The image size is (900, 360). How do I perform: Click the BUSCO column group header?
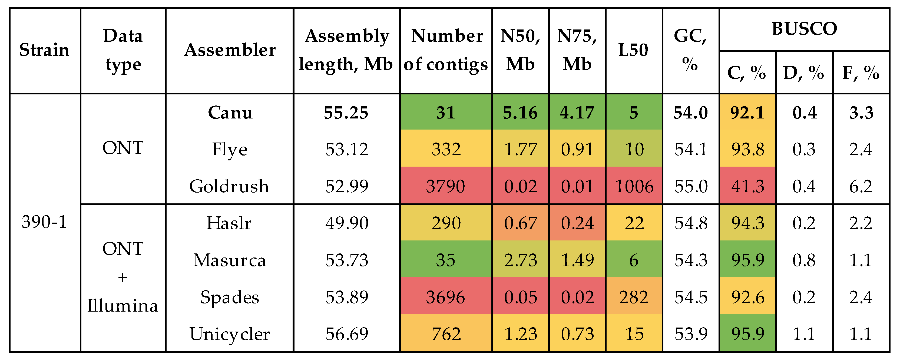pos(804,29)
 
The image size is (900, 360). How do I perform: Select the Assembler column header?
pos(230,50)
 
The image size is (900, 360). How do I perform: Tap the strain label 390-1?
pos(44,222)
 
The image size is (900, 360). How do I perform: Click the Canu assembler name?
pos(230,113)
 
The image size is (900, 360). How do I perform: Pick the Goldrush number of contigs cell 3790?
pos(445,186)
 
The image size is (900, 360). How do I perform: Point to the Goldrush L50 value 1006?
pos(634,186)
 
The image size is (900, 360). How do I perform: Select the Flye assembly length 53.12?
pos(347,149)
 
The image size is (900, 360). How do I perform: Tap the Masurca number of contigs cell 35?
pos(445,260)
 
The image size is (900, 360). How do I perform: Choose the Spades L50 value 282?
pos(634,297)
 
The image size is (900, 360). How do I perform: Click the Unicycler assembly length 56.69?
pos(347,334)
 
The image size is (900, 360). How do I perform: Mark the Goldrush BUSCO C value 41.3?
pos(747,186)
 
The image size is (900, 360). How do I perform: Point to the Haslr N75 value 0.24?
pos(577,223)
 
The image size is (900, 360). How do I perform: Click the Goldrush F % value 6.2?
pos(861,186)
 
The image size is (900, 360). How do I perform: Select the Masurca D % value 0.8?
pos(804,260)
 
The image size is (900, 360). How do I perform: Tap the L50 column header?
pos(633,50)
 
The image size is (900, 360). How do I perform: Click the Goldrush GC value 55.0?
pos(691,186)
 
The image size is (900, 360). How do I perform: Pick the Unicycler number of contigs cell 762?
pos(445,334)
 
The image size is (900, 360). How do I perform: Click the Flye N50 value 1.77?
pos(520,149)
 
